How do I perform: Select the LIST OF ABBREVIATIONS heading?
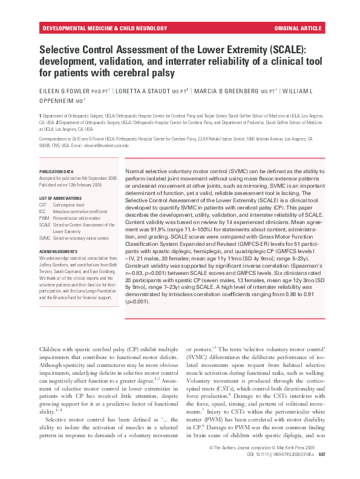[61, 199]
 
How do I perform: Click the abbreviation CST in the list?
[43, 206]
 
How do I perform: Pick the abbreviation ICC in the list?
[42, 213]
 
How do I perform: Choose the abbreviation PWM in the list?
[44, 219]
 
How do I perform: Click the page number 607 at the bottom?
[322, 470]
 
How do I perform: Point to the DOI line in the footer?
[273, 470]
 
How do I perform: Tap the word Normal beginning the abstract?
[136, 173]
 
